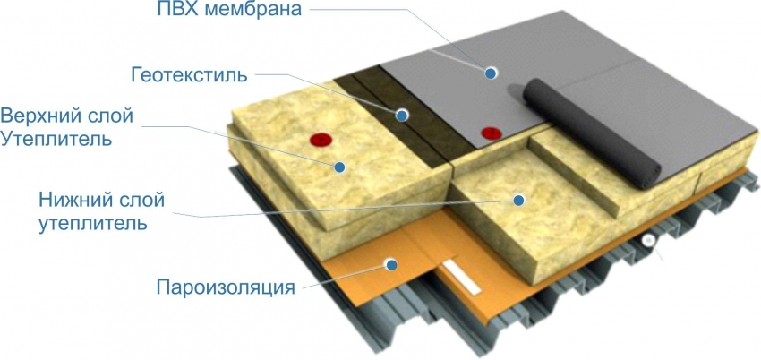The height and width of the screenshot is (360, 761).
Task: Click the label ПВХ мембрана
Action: point(229,10)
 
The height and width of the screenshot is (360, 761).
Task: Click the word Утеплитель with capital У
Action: point(56,139)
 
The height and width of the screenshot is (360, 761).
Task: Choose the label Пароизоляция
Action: point(226,287)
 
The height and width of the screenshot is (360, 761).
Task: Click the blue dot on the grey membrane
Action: point(491,73)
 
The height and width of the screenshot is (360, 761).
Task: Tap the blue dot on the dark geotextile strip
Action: point(401,115)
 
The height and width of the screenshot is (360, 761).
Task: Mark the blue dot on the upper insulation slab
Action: point(339,167)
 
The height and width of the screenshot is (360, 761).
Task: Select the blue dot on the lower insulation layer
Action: point(518,200)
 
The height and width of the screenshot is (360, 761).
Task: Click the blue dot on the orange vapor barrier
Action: point(390,264)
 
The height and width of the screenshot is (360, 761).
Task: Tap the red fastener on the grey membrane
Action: point(492,133)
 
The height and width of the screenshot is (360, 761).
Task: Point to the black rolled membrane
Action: point(592,132)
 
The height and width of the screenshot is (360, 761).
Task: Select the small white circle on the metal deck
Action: point(646,240)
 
